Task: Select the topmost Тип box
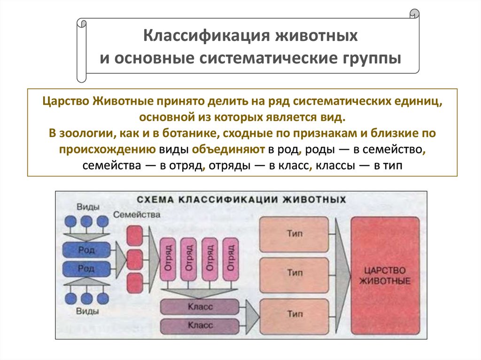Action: [294, 234]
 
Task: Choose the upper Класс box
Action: [201, 306]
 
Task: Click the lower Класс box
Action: [201, 325]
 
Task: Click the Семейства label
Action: [136, 215]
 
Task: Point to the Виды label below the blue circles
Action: [87, 311]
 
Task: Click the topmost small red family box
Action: [135, 235]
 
